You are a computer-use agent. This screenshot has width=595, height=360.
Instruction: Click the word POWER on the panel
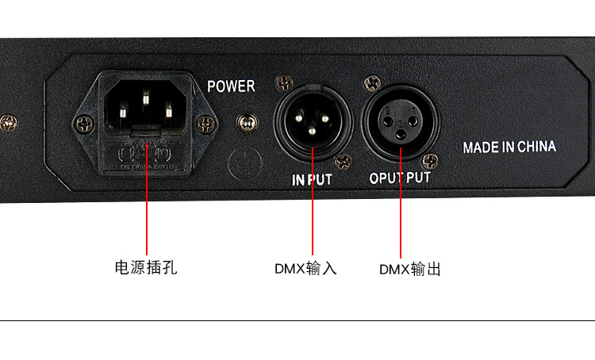[231, 86]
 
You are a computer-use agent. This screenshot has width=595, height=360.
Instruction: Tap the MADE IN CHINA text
[509, 147]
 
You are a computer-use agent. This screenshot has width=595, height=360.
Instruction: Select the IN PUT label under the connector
[312, 180]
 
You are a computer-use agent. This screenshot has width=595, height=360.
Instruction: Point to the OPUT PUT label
[400, 178]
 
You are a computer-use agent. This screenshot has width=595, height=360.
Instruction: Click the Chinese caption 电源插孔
[146, 267]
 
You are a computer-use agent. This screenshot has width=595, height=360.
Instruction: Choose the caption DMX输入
[306, 268]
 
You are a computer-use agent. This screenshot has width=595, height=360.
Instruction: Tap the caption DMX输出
[409, 269]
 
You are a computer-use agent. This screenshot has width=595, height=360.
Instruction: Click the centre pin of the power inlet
[146, 99]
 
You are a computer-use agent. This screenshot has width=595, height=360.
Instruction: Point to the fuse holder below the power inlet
[146, 150]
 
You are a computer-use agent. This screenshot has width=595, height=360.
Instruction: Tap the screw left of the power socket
[83, 124]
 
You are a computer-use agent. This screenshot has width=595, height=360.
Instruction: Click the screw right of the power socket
[207, 124]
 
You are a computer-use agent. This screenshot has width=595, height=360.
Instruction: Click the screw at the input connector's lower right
[344, 162]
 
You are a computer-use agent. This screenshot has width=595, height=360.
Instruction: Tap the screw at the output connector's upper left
[370, 82]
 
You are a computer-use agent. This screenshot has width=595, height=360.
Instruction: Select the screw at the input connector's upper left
[282, 82]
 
